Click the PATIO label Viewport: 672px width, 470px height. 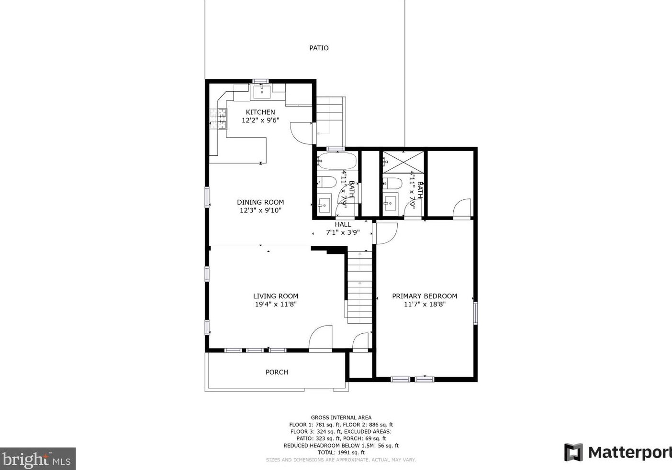(319, 48)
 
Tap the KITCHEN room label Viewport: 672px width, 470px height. (260, 112)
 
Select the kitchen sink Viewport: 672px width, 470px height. (262, 92)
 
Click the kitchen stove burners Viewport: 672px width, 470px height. (218, 119)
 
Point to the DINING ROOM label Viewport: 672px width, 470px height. (260, 202)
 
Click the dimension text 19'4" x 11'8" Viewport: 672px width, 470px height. (276, 305)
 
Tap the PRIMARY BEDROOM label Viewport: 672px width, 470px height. (425, 296)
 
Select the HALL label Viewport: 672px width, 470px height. (343, 224)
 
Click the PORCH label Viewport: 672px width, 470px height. (277, 372)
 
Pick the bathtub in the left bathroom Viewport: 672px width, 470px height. (337, 161)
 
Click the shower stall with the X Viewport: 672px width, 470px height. (403, 162)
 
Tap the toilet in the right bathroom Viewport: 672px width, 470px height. (392, 184)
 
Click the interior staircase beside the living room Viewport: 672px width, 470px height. (360, 287)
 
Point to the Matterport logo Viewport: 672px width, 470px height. (618, 452)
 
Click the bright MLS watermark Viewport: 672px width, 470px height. (37, 459)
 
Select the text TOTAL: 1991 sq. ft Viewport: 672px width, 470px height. (341, 453)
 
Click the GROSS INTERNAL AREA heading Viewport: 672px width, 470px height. (341, 417)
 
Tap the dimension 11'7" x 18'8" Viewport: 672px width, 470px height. (425, 305)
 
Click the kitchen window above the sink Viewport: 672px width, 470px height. (260, 81)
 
